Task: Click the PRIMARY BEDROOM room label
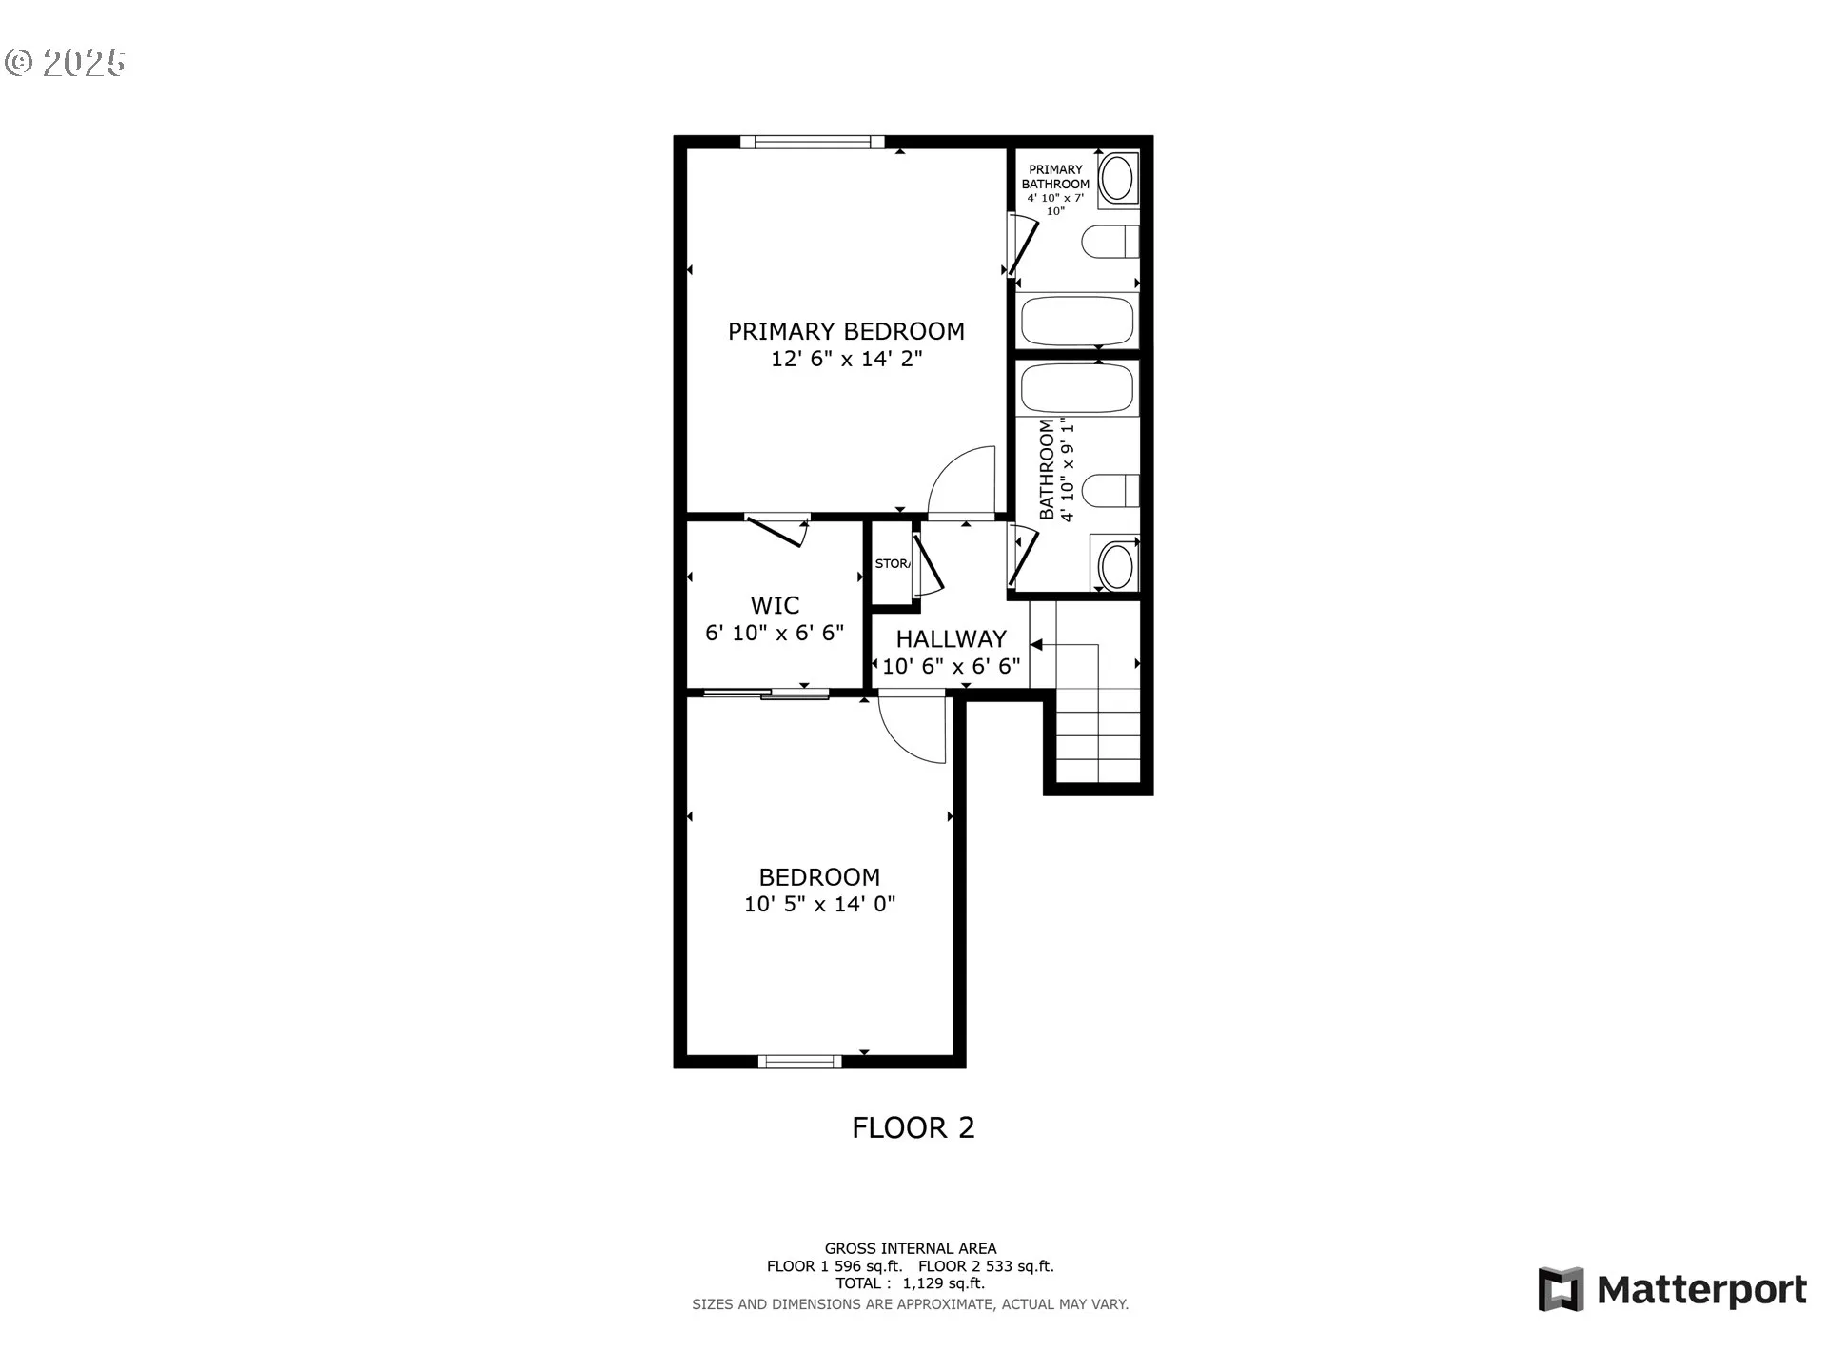coord(846,331)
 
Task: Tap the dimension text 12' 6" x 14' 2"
coord(846,359)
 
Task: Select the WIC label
coord(775,605)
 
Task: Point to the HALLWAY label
coord(951,638)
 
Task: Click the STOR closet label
coord(893,563)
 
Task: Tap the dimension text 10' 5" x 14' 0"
coord(819,904)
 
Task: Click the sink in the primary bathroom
coord(1116,178)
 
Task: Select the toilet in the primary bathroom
coord(1110,242)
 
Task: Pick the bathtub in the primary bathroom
coord(1078,321)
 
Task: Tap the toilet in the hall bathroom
coord(1110,491)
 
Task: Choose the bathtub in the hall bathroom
coord(1078,388)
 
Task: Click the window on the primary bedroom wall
coord(813,142)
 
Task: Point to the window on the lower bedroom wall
coord(800,1062)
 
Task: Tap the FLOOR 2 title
coord(913,1127)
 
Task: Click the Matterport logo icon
coord(1561,1289)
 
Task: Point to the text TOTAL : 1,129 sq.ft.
coord(911,1283)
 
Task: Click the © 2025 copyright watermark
coord(65,63)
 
